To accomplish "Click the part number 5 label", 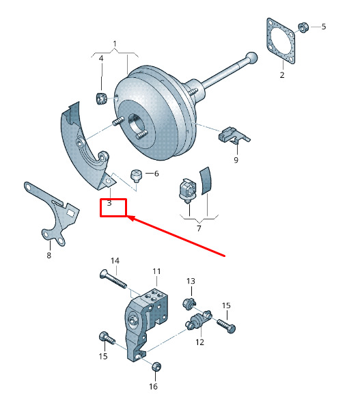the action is click(x=324, y=27).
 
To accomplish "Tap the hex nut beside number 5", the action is click(x=303, y=27).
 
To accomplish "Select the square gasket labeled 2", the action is click(x=281, y=40).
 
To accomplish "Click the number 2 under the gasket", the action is click(x=282, y=74).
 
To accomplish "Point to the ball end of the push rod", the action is click(x=251, y=58).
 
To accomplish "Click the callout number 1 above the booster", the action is click(x=115, y=44).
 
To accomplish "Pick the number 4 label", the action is click(x=101, y=59).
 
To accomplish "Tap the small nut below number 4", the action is click(x=102, y=98).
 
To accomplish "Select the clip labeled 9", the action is click(x=233, y=135).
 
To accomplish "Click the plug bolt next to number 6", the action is click(x=136, y=176).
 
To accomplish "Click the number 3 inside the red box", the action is click(x=109, y=203).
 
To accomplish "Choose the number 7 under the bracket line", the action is click(x=199, y=228).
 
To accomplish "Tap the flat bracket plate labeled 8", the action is click(x=51, y=213).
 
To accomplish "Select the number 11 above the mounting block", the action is click(x=156, y=271).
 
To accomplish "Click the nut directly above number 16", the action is click(x=156, y=366).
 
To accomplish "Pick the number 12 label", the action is click(x=199, y=342).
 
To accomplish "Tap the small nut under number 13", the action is click(x=189, y=303).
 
